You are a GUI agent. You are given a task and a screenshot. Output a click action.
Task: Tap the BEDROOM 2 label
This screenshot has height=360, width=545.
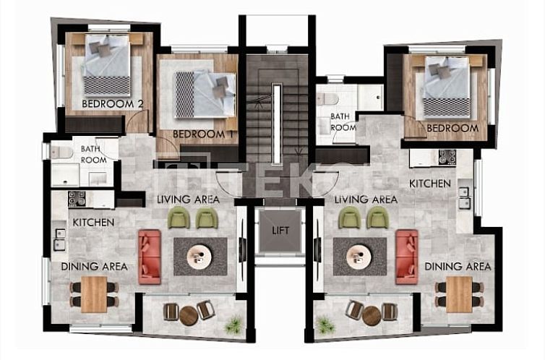112,104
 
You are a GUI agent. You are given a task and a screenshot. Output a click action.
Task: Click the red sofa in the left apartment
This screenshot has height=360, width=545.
150,256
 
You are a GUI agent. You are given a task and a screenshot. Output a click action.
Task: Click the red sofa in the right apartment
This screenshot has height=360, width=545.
406,256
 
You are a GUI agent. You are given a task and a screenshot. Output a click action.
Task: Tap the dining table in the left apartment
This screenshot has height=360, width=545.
94,294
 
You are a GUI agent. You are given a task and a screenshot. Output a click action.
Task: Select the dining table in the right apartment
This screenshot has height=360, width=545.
458,294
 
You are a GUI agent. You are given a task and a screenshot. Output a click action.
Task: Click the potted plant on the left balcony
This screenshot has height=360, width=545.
233,325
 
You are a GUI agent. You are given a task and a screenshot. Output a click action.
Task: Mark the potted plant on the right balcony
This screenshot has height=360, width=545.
325,325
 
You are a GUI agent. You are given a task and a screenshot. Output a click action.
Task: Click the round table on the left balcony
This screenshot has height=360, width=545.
189,315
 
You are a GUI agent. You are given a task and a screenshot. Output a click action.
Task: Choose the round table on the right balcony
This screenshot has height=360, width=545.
372,315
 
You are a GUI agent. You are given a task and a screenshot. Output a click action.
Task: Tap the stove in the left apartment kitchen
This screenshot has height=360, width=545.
77,199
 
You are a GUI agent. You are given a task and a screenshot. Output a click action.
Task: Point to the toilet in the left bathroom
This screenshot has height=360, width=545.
61,152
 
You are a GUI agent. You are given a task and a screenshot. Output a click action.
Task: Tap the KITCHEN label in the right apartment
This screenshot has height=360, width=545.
430,184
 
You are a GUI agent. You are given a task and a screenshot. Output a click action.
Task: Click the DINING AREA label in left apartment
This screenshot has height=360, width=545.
94,266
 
